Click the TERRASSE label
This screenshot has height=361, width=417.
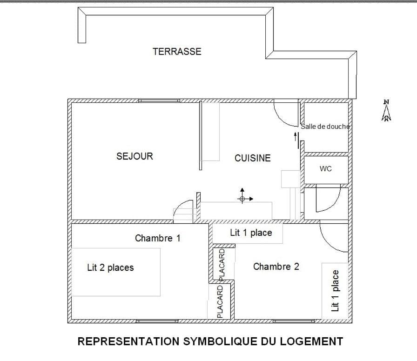tap(177, 52)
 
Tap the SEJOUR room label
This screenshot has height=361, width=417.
tap(135, 156)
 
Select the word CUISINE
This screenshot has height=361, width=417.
tap(252, 158)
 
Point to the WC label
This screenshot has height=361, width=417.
tap(326, 169)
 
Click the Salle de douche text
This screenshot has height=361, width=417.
tap(325, 126)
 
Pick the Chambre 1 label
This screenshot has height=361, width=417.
tap(157, 238)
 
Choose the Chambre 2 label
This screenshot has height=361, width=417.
tap(276, 267)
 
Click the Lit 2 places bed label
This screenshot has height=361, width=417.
tap(110, 267)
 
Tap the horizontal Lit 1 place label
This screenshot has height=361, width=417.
tap(251, 233)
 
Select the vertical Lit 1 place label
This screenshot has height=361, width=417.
tap(335, 290)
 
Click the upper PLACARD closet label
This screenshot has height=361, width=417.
tap(222, 264)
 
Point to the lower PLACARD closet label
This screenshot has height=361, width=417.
tap(220, 301)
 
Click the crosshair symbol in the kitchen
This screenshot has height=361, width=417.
tap(242, 199)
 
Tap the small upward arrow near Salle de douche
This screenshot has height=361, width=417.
tap(296, 136)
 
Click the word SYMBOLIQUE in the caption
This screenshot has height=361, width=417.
tap(229, 341)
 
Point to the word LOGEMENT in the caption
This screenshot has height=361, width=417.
tap(311, 341)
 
